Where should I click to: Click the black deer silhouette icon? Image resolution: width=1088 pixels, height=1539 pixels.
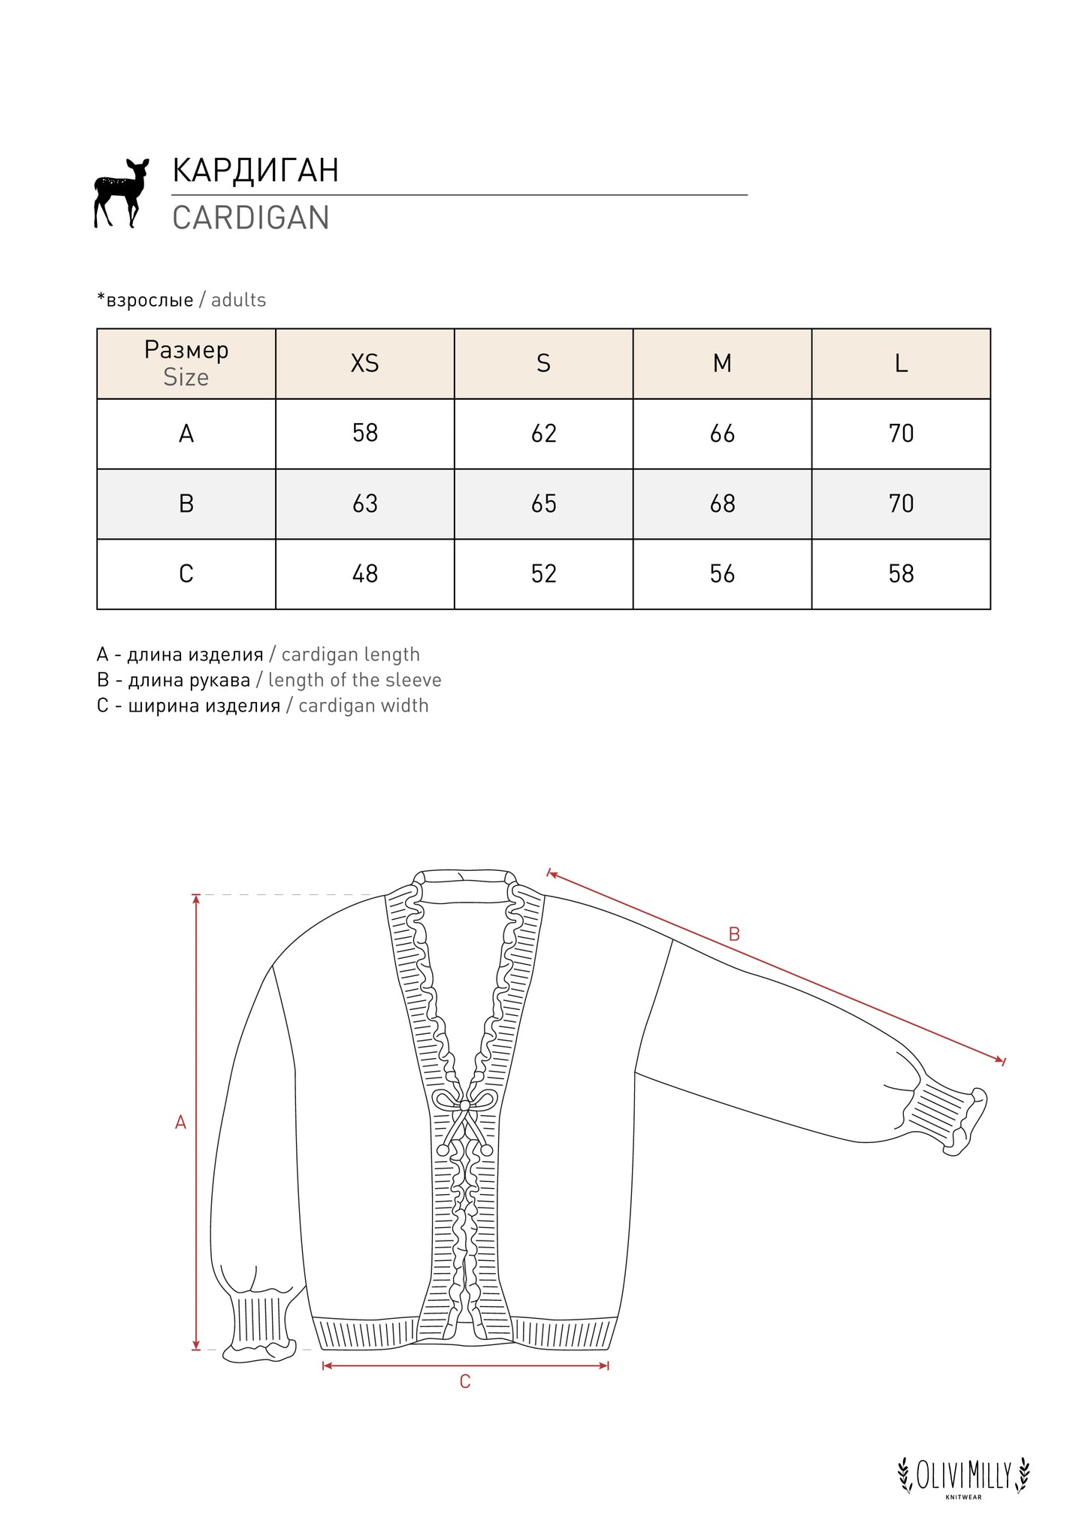[x=120, y=192]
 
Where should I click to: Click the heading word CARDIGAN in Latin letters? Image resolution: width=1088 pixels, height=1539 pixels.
[x=251, y=218]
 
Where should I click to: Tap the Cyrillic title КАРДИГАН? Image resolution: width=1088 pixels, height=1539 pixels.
[x=255, y=171]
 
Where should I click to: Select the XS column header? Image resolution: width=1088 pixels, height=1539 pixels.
[x=365, y=364]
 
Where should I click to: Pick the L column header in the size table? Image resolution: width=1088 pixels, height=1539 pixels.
[x=901, y=364]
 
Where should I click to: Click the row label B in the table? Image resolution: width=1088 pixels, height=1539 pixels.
[x=186, y=504]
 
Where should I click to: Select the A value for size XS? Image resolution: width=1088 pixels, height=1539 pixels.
[x=365, y=434]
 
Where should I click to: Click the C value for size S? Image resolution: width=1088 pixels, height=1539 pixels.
[x=544, y=574]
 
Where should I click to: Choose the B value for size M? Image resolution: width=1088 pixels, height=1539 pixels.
[x=722, y=504]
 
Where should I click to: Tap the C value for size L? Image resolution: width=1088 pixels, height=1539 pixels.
[x=901, y=574]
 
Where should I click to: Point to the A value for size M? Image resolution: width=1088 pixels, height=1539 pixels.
[x=722, y=434]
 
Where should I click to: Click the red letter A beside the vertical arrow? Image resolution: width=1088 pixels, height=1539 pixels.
[x=180, y=1123]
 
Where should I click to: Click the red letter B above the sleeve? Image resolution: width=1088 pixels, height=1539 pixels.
[x=734, y=934]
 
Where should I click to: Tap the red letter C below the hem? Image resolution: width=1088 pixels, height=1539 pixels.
[x=465, y=1382]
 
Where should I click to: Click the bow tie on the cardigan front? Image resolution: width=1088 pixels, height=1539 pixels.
[x=465, y=1106]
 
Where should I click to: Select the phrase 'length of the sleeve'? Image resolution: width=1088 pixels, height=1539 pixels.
[x=355, y=680]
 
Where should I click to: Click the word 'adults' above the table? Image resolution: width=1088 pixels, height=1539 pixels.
[x=239, y=301]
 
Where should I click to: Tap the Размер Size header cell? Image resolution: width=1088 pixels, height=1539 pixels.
[x=186, y=364]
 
